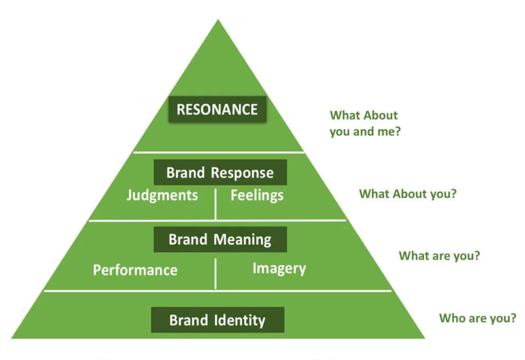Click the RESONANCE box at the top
217,109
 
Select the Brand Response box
220,172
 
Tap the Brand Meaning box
220,239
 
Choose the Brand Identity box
217,321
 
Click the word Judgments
162,195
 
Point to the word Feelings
257,195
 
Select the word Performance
135,270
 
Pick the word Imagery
279,268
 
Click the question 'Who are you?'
477,318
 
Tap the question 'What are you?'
439,255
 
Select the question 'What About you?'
408,194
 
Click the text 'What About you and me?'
365,123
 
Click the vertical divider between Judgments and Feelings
216,204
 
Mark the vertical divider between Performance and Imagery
216,273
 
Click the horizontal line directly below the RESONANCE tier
218,152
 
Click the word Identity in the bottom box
239,321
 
